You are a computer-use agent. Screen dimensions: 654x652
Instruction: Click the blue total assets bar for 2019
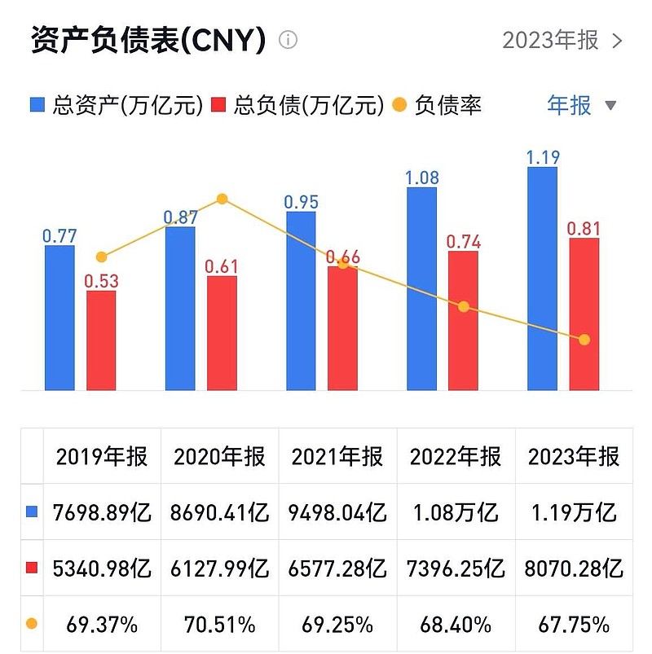(59, 318)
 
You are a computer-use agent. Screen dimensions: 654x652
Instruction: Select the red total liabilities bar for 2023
(584, 314)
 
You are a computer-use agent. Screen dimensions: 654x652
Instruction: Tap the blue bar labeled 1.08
(421, 288)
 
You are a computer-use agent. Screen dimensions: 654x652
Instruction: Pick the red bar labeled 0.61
(222, 333)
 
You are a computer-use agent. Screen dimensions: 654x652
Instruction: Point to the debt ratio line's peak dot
(222, 199)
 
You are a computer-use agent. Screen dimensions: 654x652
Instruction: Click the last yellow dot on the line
(584, 340)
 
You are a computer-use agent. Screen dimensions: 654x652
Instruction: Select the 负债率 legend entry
(437, 105)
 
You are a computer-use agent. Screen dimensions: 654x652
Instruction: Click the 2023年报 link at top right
(562, 40)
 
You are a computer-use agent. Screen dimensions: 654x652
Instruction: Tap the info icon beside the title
(289, 40)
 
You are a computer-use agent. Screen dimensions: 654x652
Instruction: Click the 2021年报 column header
(337, 456)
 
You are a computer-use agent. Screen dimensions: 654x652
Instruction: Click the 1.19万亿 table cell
(574, 512)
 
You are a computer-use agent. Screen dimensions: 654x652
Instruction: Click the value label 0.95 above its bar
(302, 202)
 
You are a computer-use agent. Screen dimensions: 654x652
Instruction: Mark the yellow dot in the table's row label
(32, 624)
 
